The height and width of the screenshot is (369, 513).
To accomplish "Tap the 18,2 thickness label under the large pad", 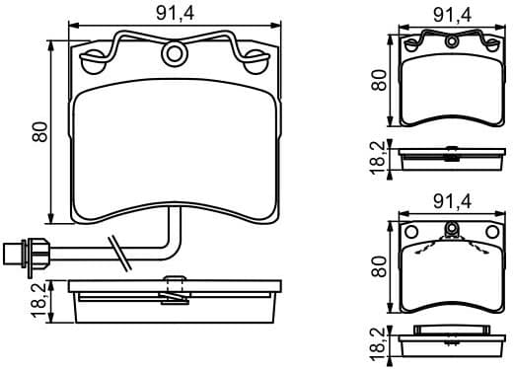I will tap(39, 301).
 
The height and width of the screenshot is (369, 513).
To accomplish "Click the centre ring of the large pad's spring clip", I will tap(176, 52).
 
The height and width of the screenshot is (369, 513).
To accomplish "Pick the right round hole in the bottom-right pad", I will tap(493, 234).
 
